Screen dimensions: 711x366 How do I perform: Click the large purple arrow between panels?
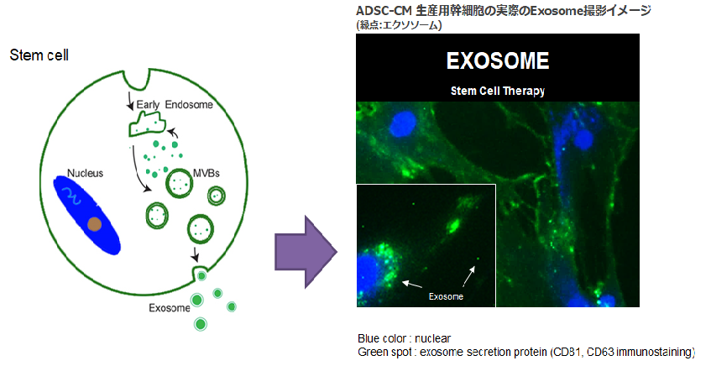[x=306, y=252]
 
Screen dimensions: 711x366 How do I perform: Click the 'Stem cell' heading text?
[x=39, y=55]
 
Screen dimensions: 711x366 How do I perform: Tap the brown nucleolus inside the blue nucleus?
[x=94, y=224]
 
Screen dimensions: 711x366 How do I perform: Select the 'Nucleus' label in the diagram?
[x=86, y=173]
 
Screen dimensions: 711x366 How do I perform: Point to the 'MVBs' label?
[x=207, y=173]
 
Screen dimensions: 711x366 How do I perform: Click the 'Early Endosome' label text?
[x=175, y=105]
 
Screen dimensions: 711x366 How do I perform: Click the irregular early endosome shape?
[x=146, y=125]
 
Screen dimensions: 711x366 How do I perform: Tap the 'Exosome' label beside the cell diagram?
[x=169, y=308]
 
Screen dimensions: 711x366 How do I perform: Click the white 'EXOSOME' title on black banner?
[x=498, y=60]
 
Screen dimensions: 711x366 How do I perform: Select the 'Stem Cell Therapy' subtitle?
[x=498, y=91]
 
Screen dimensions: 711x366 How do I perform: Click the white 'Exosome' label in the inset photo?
[x=446, y=296]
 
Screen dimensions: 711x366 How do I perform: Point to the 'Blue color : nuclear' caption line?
[x=404, y=339]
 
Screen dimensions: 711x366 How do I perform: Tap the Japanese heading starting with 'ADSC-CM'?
[x=504, y=10]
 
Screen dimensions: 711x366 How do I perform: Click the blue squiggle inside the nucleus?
[x=72, y=195]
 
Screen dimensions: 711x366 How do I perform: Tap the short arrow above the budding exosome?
[x=195, y=254]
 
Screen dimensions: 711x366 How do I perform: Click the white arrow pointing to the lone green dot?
[x=469, y=276]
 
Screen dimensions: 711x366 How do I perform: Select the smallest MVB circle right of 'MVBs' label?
[x=217, y=196]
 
